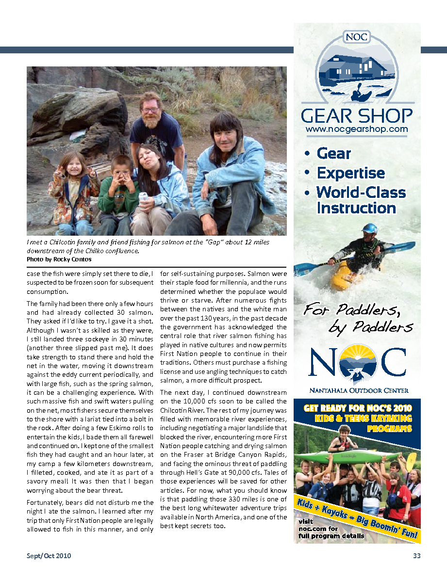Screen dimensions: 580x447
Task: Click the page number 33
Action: pos(416,556)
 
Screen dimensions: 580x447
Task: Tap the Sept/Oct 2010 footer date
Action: pos(49,556)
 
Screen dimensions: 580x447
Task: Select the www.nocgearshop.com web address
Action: pos(357,129)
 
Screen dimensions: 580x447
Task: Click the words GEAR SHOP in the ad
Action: pos(357,116)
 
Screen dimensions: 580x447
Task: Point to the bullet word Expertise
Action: pos(350,173)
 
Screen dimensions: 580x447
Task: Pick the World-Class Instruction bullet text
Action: pos(361,200)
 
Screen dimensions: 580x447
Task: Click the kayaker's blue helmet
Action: pos(369,228)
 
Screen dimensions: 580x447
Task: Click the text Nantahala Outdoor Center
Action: pos(359,390)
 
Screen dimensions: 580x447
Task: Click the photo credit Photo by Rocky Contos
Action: pos(59,259)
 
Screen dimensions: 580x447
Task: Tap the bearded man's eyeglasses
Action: pos(150,110)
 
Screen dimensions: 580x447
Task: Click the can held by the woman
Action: pos(143,198)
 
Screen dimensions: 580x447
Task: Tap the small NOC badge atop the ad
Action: pos(357,37)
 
